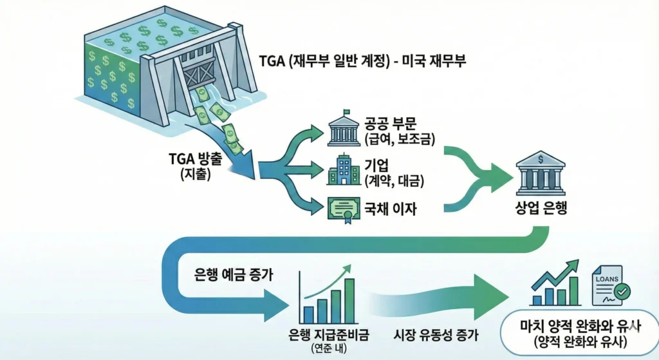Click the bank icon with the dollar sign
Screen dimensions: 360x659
point(541,172)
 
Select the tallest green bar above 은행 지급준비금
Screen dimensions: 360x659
point(350,300)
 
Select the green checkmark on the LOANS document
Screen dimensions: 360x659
point(622,294)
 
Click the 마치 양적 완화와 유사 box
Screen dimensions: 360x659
point(576,333)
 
